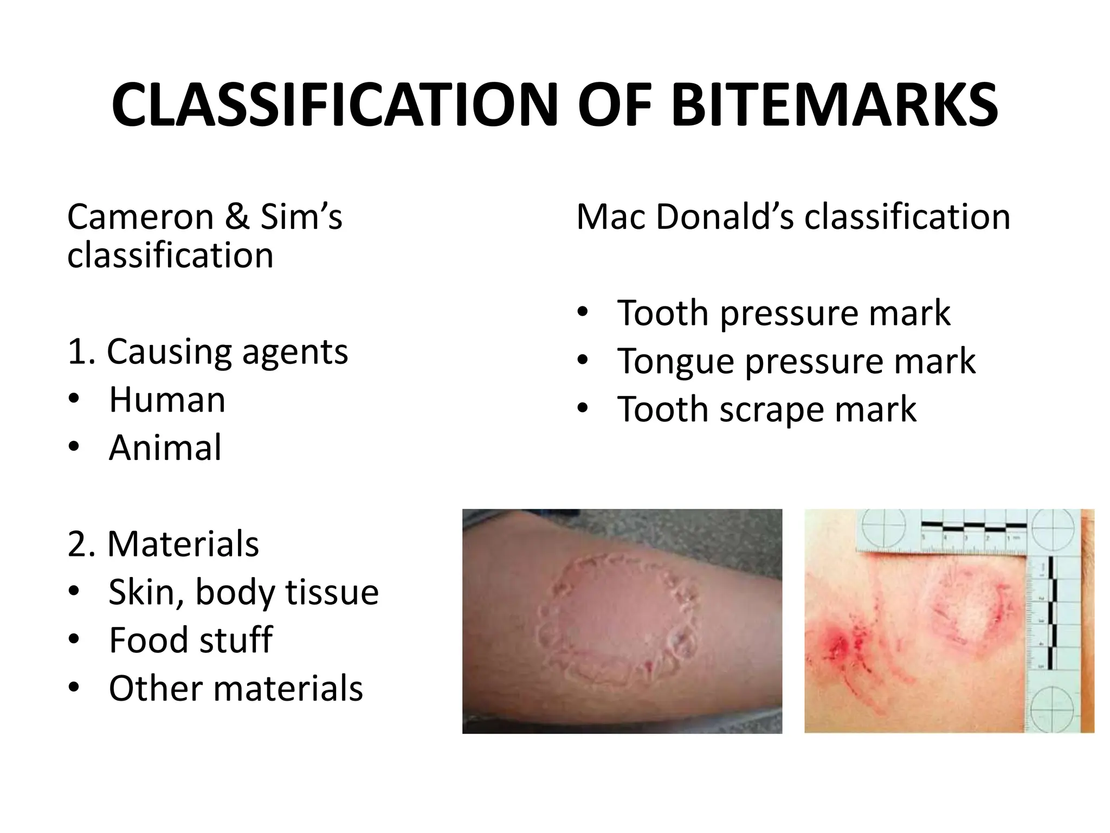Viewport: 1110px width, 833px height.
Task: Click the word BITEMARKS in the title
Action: click(834, 105)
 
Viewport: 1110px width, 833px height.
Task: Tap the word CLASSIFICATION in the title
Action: click(334, 105)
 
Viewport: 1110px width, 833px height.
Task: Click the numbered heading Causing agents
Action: click(208, 353)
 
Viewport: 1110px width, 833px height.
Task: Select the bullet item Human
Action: click(167, 400)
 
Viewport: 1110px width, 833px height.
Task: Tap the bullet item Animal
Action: click(165, 448)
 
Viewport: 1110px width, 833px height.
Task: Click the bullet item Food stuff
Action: click(190, 640)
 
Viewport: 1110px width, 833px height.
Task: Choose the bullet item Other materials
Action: click(235, 688)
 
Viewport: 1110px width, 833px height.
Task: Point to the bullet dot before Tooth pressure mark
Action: click(583, 313)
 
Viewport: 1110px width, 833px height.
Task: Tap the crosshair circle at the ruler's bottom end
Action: click(1054, 709)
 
